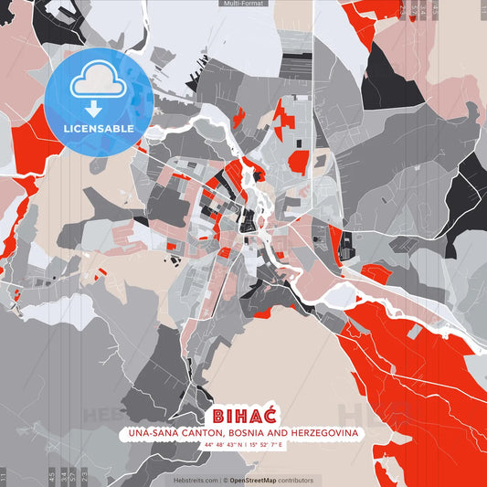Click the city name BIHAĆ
[x=243, y=414]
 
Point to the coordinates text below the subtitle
[x=243, y=445]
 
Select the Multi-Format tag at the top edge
[x=243, y=4]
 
